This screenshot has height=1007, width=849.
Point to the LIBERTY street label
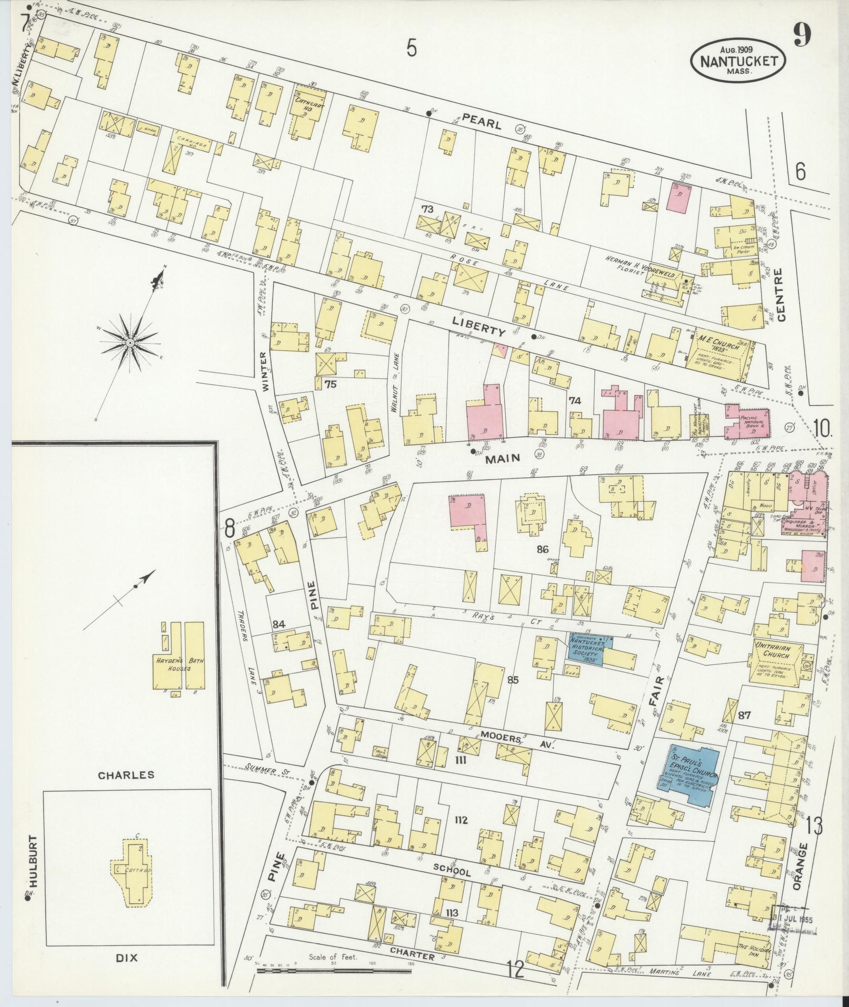tap(478, 326)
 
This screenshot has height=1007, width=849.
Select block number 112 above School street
tap(461, 835)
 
